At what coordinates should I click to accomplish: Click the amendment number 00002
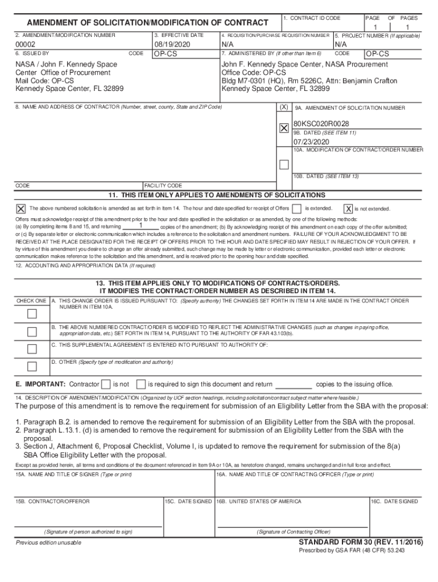(26, 44)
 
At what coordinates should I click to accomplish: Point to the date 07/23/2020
(312, 142)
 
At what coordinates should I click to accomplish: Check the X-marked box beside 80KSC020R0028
(284, 128)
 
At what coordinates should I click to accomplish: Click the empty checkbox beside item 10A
(284, 165)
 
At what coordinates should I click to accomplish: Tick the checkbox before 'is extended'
(296, 209)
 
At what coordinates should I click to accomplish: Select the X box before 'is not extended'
(348, 209)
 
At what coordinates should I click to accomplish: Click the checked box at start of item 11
(20, 209)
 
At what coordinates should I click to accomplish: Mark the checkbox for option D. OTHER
(32, 366)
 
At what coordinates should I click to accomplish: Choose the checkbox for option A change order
(32, 314)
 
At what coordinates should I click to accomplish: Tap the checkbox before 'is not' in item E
(106, 384)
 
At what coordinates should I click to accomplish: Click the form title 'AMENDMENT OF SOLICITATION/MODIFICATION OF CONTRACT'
(147, 23)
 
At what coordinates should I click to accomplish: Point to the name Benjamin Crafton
(370, 81)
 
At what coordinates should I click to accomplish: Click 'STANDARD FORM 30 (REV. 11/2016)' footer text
(361, 543)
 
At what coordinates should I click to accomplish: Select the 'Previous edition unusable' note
(48, 543)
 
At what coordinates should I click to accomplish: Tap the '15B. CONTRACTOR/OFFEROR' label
(52, 501)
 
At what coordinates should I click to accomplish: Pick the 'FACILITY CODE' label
(163, 186)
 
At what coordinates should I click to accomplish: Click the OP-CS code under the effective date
(166, 54)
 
